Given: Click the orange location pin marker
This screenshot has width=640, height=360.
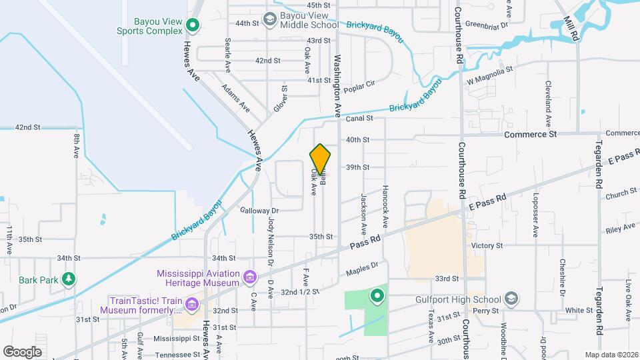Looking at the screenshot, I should (320, 158).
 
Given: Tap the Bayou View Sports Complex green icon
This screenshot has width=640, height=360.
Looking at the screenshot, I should (193, 26).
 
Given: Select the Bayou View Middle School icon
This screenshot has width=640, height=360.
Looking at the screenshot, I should (269, 19).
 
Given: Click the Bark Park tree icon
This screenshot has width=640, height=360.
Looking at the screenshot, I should (68, 279).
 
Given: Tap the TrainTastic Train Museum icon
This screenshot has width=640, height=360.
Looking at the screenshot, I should (192, 305).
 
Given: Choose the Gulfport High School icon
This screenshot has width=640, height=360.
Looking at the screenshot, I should (511, 297).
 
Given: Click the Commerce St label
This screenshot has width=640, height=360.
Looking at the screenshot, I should (530, 134).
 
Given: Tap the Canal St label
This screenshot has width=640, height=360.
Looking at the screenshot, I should (357, 119).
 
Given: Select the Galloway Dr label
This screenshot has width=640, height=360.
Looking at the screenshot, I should (259, 211).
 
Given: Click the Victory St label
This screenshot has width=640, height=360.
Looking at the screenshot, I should (486, 246).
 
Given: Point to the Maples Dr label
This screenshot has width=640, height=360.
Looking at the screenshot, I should (362, 269).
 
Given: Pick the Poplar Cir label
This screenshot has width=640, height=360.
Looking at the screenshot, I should (361, 85).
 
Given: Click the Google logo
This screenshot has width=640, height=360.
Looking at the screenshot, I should (22, 351).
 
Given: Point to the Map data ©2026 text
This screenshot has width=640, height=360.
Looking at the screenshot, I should (611, 355).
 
